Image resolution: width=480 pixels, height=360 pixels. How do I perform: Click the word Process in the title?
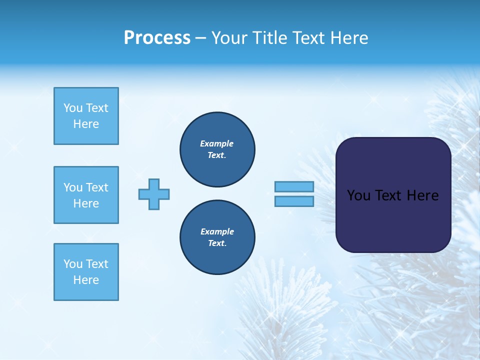point(157,38)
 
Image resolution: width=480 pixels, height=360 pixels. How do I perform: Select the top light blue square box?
point(86,116)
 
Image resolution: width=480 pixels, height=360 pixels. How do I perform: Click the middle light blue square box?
point(86,195)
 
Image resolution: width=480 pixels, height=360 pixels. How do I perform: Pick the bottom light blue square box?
point(86,272)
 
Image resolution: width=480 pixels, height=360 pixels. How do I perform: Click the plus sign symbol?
point(154,194)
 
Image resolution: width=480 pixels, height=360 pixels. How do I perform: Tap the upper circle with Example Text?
point(217,149)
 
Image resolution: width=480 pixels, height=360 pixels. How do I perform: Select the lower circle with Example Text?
point(217,237)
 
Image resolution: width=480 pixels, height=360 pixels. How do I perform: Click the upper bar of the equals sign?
point(294,186)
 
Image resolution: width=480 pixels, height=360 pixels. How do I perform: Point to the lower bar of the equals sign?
point(294,201)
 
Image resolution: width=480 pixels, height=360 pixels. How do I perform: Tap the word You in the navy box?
point(358,195)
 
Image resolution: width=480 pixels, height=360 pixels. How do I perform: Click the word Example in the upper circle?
point(217,143)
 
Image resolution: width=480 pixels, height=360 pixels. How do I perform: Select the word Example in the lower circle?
point(217,231)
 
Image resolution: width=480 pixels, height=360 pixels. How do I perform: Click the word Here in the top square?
point(86,124)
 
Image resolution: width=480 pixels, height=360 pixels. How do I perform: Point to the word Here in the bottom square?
point(86,280)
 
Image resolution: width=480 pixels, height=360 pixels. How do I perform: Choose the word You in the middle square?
point(73,187)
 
